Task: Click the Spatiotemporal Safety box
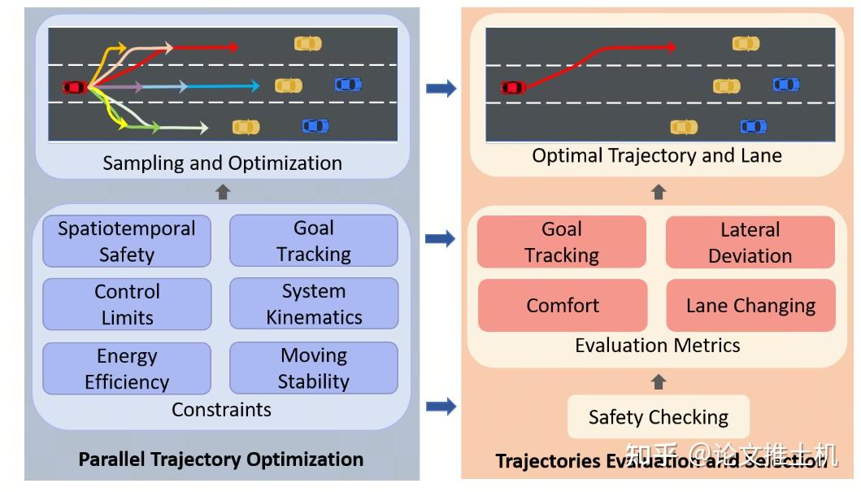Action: (126, 241)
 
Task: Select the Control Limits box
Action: (127, 304)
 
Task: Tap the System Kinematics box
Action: (314, 303)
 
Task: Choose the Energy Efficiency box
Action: (127, 368)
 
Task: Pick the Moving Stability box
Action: (314, 368)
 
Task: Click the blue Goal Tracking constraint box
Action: (314, 241)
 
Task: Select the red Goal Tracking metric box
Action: (562, 242)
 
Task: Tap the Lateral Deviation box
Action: (750, 242)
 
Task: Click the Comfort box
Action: (563, 306)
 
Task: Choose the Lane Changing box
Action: (750, 306)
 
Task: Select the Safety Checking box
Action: (658, 417)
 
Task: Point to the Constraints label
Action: (221, 409)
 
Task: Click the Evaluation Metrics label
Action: (657, 345)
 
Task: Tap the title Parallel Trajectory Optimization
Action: (220, 459)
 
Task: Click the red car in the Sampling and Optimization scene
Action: (75, 87)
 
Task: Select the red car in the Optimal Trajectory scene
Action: (512, 87)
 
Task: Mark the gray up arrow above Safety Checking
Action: (659, 381)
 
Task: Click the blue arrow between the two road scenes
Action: (441, 88)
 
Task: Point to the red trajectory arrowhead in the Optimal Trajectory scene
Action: (671, 47)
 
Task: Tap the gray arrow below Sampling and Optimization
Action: (222, 192)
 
